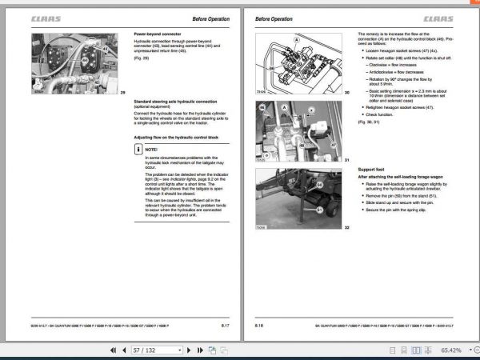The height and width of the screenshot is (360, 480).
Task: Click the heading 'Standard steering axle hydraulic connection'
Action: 174,102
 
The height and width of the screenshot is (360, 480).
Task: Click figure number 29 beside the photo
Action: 123,93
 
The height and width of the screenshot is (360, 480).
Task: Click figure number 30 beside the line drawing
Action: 347,94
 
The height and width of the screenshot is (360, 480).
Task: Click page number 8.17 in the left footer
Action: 226,326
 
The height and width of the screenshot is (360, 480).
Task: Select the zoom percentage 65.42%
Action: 450,350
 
